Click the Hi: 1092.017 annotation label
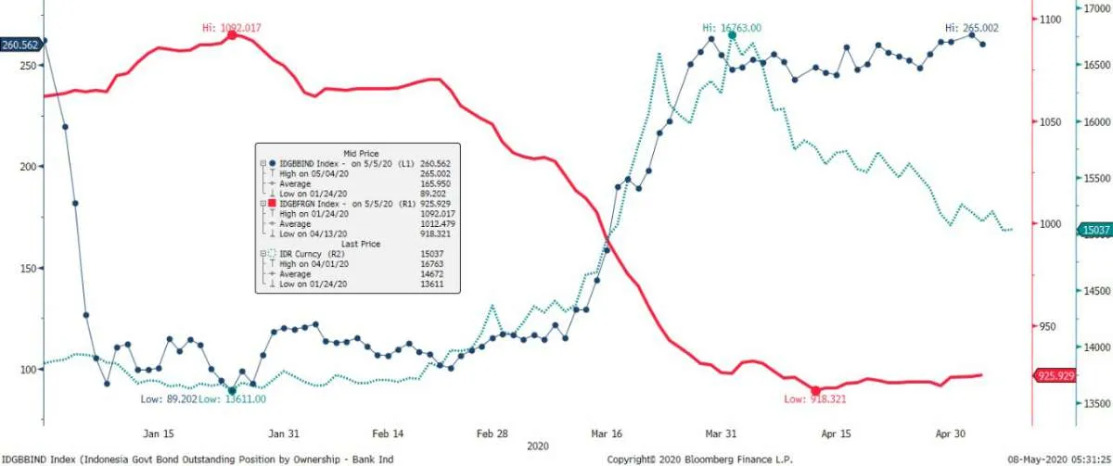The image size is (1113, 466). point(231,28)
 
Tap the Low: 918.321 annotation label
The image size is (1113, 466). point(815,398)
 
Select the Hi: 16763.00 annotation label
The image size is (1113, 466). point(732,28)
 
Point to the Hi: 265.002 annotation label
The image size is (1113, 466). point(972,28)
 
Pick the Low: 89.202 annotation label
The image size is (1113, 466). point(168,398)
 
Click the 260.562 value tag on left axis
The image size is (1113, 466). point(20,44)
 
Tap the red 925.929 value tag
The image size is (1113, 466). point(1056,375)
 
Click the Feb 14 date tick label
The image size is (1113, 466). point(388,433)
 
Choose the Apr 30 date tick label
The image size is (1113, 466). point(959,433)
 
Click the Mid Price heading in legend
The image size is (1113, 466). point(362,153)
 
